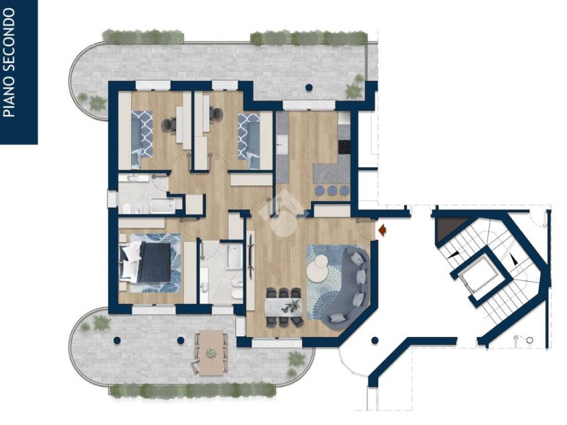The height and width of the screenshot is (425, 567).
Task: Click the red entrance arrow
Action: [x=382, y=229]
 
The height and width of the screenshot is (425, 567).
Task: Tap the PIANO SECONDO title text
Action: [x=9, y=63]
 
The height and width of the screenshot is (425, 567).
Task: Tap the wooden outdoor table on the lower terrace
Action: [x=211, y=353]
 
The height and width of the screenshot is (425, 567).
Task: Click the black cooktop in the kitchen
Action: [x=344, y=146]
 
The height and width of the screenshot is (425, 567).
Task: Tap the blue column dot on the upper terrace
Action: [x=309, y=87]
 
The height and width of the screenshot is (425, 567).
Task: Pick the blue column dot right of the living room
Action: [x=375, y=340]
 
